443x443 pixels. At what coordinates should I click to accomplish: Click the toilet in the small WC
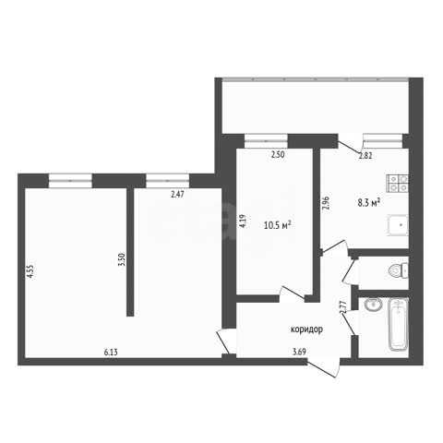[x=399, y=271]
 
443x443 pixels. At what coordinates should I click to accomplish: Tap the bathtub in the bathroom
[x=398, y=324]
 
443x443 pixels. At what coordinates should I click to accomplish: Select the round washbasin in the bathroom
[x=374, y=305]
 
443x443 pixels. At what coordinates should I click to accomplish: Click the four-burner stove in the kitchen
[x=397, y=184]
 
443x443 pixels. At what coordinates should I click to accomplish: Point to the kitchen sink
[x=398, y=225]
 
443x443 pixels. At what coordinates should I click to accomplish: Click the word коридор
[x=306, y=329]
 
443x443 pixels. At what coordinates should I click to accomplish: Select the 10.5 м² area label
[x=278, y=225]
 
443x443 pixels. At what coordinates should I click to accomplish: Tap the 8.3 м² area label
[x=369, y=203]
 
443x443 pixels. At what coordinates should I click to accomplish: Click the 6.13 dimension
[x=111, y=352]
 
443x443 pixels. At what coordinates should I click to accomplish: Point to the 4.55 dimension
[x=30, y=271]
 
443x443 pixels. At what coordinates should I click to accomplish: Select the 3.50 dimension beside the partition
[x=122, y=259]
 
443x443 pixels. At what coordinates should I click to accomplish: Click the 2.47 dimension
[x=177, y=194]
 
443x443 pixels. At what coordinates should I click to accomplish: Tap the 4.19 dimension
[x=243, y=221]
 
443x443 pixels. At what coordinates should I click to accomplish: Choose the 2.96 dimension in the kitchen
[x=326, y=203]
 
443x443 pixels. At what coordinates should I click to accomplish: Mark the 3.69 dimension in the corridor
[x=299, y=352]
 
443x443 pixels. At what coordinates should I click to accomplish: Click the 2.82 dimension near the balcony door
[x=365, y=156]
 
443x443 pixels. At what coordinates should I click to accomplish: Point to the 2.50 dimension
[x=278, y=155]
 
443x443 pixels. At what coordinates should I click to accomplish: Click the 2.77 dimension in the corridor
[x=343, y=306]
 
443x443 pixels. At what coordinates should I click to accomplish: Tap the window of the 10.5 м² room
[x=266, y=141]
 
